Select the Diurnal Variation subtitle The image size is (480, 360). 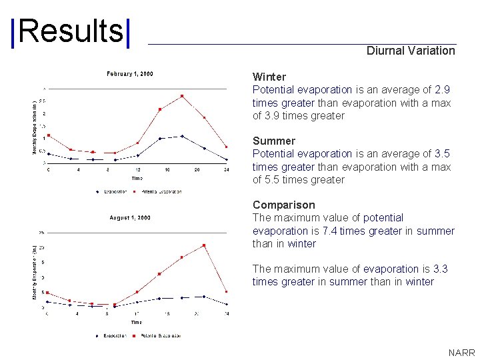(x=411, y=51)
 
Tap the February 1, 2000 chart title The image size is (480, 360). (x=130, y=74)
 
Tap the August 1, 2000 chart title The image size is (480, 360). (x=130, y=218)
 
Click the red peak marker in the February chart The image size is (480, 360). (x=182, y=96)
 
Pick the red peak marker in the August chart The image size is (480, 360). (x=204, y=245)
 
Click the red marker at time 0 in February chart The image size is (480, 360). (x=48, y=135)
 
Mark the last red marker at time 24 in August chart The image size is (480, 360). (x=227, y=292)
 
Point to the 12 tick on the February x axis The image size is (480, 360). (x=137, y=169)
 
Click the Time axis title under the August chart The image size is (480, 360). (x=137, y=322)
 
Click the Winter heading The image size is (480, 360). (x=269, y=77)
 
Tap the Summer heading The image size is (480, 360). (x=273, y=141)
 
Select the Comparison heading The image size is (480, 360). (x=283, y=205)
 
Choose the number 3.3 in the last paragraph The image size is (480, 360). (x=440, y=269)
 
